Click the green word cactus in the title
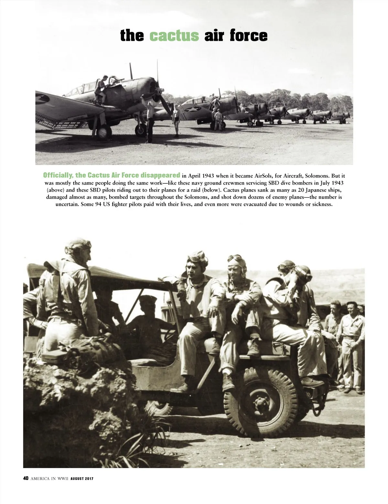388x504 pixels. point(174,36)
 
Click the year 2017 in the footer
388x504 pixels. point(88,487)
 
